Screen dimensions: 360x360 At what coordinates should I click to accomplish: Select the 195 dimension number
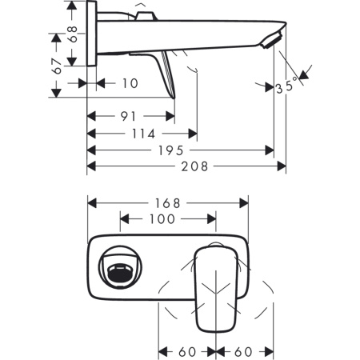coord(170,150)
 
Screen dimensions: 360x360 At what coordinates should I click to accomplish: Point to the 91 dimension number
coord(128,115)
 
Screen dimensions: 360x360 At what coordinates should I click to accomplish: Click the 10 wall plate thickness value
coord(130,82)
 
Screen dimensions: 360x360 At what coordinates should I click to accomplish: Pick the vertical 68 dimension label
coord(71,34)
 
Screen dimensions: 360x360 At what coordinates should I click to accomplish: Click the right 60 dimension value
coord(245,350)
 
